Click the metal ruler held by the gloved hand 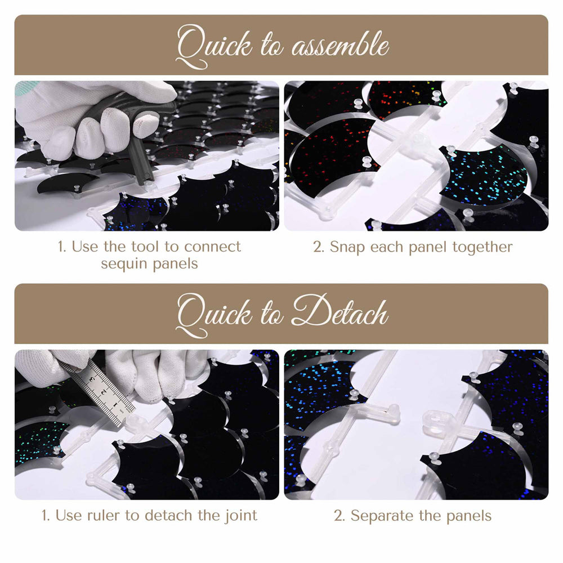99,392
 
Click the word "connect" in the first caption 213,247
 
